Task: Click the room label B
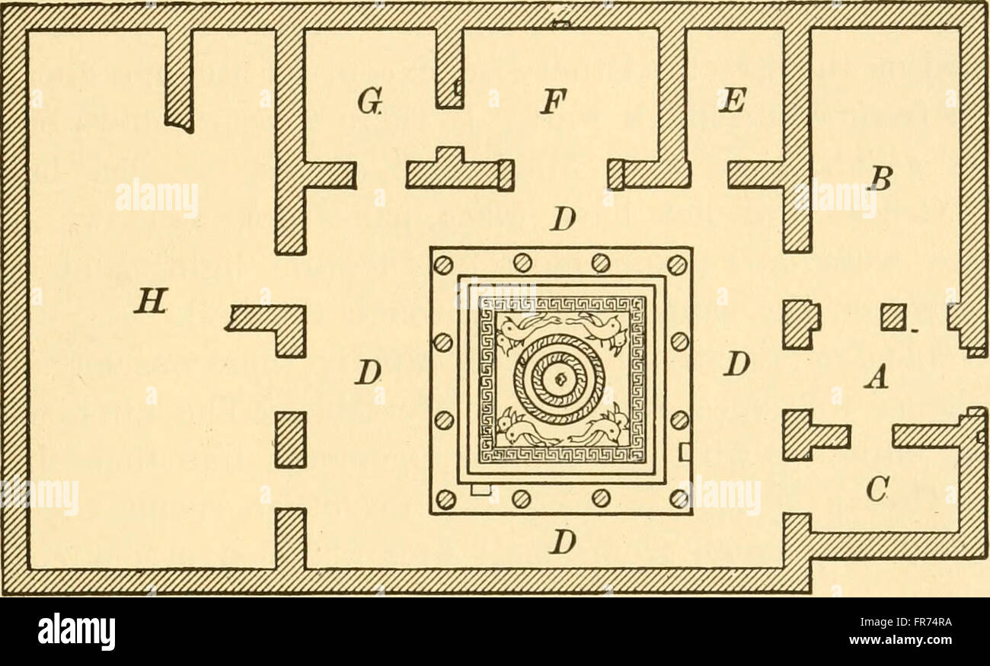pyautogui.click(x=879, y=178)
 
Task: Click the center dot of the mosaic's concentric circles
pyautogui.click(x=560, y=379)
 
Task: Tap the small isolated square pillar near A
pyautogui.click(x=893, y=317)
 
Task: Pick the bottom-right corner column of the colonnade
pyautogui.click(x=679, y=498)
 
